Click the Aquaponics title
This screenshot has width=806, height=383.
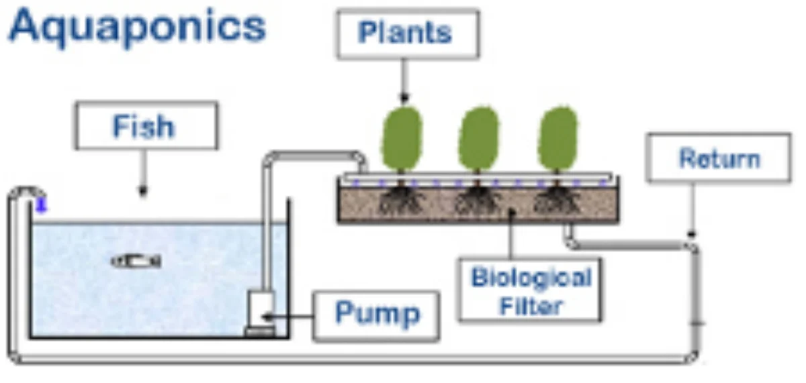(137, 27)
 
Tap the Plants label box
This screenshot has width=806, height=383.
(407, 33)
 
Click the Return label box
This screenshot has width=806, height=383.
(718, 158)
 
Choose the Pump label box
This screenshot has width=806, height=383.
(376, 313)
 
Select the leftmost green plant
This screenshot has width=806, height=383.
(402, 139)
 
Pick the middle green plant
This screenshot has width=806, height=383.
(478, 139)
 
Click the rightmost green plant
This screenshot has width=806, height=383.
(557, 139)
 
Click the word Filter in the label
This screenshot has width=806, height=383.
(530, 307)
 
